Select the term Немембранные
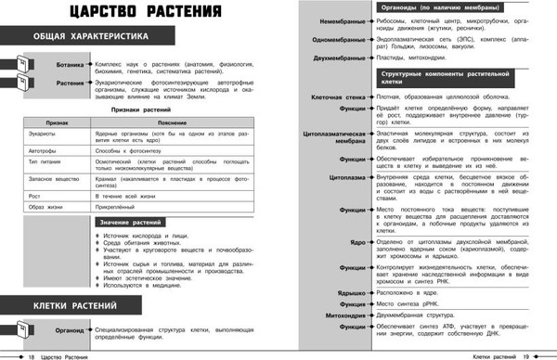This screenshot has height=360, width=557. click(341, 20)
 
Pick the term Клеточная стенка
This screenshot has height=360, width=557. click(336, 95)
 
